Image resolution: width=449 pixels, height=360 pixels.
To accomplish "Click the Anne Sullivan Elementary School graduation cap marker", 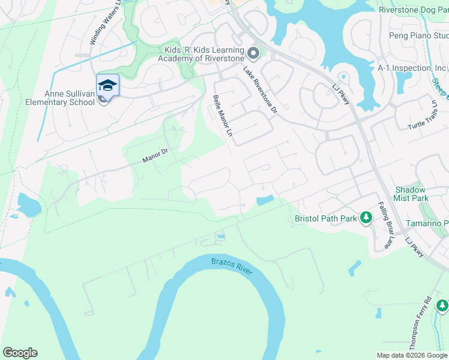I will pyautogui.click(x=107, y=85).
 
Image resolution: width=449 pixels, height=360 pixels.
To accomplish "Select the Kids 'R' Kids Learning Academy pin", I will pyautogui.click(x=253, y=54).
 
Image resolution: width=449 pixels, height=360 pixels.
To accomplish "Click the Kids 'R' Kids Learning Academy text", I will pyautogui.click(x=201, y=54).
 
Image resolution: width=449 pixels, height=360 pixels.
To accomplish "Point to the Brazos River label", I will pyautogui.click(x=232, y=265).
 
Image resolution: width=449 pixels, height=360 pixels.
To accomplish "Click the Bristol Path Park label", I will pyautogui.click(x=326, y=218).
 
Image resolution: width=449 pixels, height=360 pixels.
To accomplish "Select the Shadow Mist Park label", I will pyautogui.click(x=411, y=194).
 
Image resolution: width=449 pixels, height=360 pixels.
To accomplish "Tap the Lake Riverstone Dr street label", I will pyautogui.click(x=261, y=90).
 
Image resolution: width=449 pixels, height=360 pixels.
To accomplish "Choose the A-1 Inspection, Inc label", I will pyautogui.click(x=412, y=68).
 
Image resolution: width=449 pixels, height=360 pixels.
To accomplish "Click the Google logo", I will pyautogui.click(x=20, y=353).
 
